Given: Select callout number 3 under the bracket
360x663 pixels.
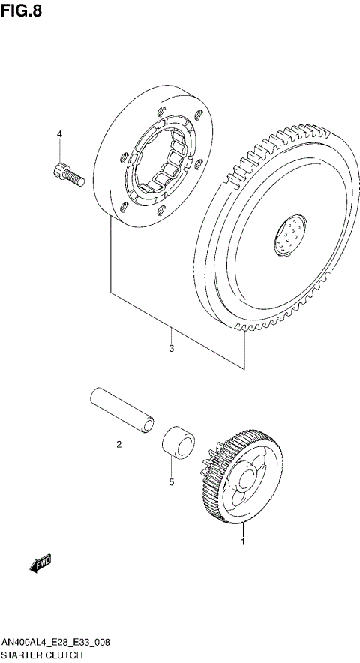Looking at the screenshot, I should point(171,349).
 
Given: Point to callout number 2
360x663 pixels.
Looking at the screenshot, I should point(118,445).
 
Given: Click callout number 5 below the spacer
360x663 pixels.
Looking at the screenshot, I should point(171,481).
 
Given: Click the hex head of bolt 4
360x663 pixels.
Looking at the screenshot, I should point(59,169).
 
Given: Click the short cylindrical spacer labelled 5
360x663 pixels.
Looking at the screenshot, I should point(177,440).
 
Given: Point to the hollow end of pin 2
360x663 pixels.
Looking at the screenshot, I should point(150,425).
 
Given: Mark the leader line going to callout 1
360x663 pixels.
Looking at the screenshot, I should point(242,525).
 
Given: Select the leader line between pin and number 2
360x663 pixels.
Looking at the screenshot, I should point(118,431).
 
